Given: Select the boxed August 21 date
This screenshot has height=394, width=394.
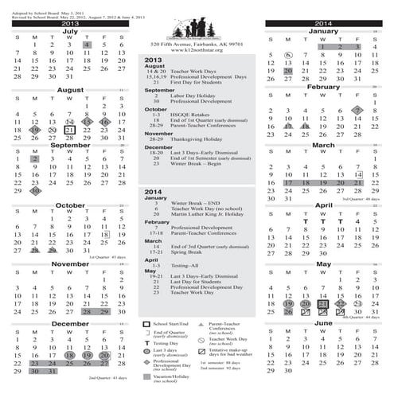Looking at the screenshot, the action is tap(69, 130).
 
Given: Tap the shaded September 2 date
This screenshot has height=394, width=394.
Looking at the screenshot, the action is tap(34, 158).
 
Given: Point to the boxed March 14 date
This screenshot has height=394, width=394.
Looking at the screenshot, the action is tap(359, 174).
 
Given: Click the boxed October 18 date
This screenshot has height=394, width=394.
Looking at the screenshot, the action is tap(104, 235).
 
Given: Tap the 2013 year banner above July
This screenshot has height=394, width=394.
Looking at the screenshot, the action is tap(69, 25).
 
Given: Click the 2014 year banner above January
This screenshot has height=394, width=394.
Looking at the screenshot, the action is tap(324, 25).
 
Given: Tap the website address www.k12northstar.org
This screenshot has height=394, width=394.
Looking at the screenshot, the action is tap(196, 49).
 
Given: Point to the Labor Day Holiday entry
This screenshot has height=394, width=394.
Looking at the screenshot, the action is tap(196, 96).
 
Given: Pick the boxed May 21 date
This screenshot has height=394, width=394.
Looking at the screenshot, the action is tap(324, 303).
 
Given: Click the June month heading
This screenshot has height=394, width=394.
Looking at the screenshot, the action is tap(324, 325).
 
